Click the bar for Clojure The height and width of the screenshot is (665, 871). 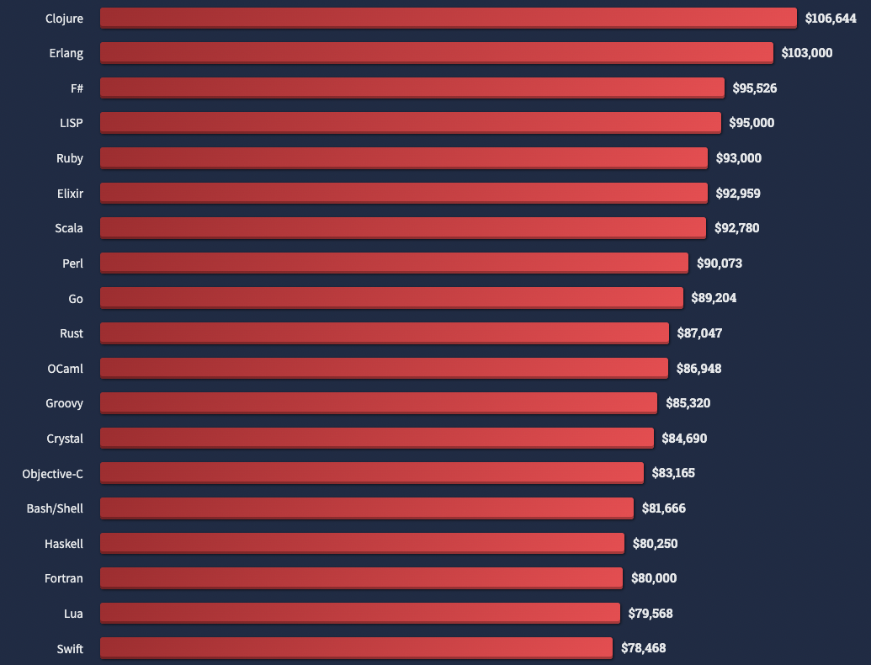tap(448, 18)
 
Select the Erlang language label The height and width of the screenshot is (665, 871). tap(66, 53)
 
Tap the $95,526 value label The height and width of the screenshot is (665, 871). tap(755, 88)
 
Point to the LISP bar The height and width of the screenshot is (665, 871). tap(411, 123)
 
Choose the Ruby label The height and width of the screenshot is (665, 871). tap(70, 158)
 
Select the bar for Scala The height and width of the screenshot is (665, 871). tap(403, 228)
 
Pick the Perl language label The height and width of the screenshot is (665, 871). tap(72, 263)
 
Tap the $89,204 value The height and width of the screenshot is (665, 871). tap(714, 298)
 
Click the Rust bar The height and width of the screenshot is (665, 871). tap(385, 333)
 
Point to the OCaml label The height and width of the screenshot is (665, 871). tap(66, 369)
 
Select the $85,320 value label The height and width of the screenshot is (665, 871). tap(688, 403)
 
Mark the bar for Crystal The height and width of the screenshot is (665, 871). tap(377, 439)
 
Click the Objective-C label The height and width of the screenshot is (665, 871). tap(53, 474)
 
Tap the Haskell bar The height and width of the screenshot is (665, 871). tap(362, 544)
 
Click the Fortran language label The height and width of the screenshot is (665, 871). tap(64, 578)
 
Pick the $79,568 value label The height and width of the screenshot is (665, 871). tap(651, 614)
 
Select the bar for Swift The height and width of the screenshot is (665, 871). tap(356, 648)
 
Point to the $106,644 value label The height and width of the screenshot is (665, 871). tap(831, 18)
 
